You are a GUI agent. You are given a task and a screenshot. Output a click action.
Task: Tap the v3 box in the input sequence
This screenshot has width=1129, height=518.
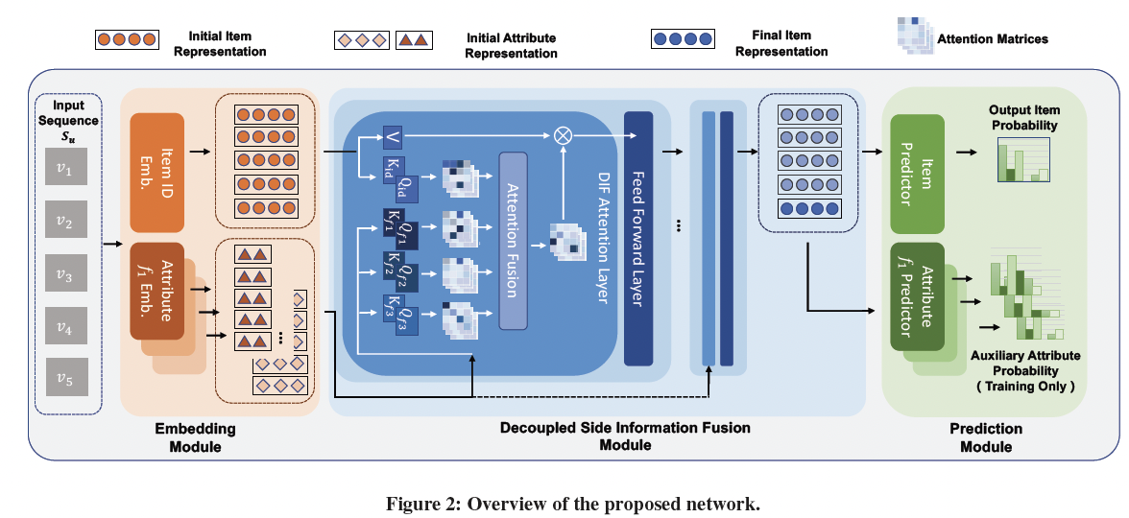point(64,277)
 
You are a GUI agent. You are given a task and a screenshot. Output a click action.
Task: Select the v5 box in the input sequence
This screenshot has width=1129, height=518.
point(64,379)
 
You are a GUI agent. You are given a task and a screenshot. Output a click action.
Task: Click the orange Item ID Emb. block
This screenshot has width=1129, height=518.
point(156,172)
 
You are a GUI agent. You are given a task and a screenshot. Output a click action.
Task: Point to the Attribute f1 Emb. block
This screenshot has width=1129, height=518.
point(156,292)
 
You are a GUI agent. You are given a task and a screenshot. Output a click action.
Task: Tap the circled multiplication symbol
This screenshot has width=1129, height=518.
point(564,135)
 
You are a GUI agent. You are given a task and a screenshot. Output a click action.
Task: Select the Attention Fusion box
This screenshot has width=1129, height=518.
point(514,241)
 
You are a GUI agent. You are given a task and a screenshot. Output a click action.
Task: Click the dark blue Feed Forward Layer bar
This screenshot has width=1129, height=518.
point(638,239)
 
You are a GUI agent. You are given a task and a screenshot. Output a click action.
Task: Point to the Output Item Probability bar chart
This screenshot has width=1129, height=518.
point(1021,159)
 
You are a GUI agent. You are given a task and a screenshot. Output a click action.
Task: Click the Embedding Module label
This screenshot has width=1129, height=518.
point(195,437)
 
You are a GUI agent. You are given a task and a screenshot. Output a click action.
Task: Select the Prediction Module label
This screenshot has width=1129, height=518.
point(985,437)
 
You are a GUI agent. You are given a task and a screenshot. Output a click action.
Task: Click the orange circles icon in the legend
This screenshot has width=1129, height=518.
point(126,41)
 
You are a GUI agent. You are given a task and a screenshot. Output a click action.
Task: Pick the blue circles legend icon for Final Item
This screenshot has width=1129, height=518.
point(683,40)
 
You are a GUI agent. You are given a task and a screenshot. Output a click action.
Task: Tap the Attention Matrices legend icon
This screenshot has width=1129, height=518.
point(915,37)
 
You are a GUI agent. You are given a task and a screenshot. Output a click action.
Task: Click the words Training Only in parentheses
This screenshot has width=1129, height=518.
point(1025,385)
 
